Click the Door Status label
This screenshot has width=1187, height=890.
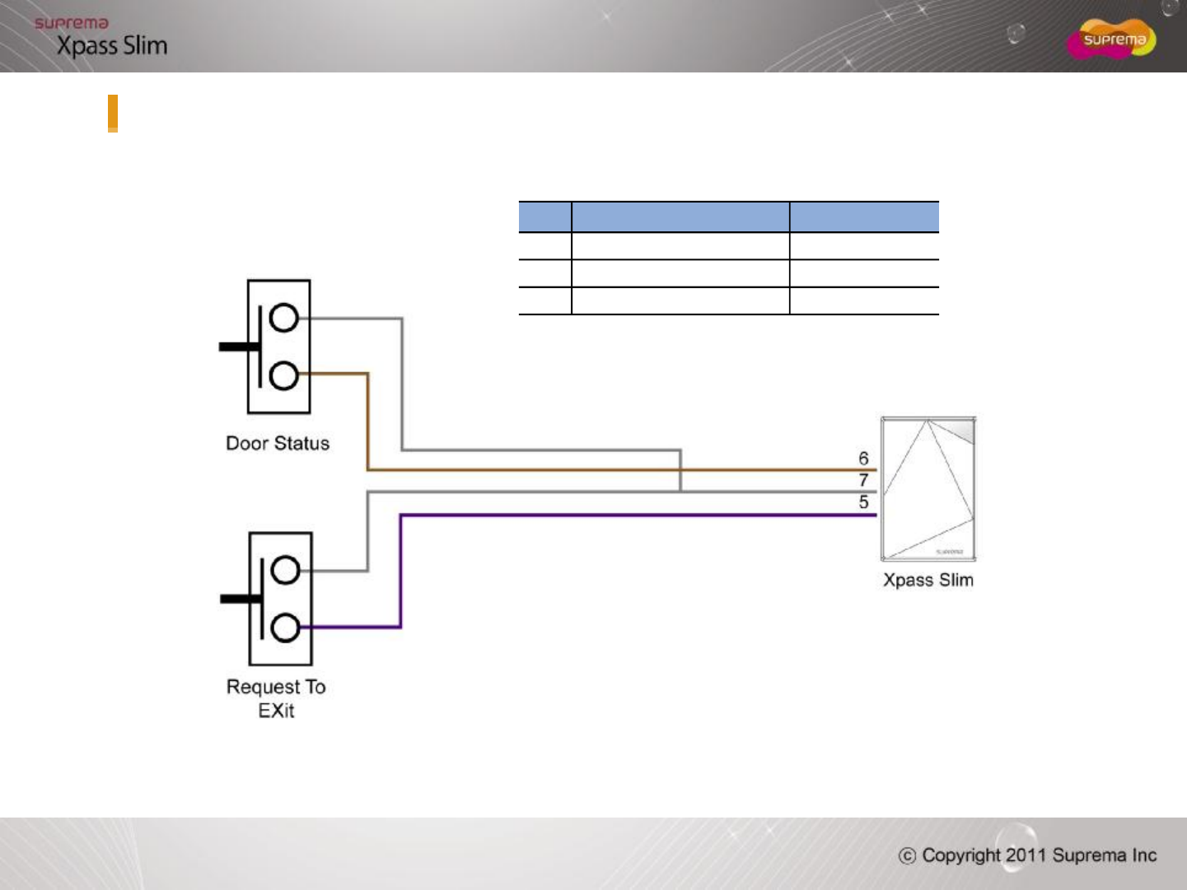click(278, 443)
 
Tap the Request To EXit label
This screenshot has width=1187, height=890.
click(276, 698)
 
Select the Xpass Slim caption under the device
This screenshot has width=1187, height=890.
click(928, 580)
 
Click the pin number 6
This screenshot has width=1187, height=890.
click(863, 458)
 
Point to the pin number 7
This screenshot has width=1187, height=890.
click(863, 479)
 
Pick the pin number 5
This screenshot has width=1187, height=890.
click(863, 501)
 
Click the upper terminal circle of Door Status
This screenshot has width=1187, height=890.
click(283, 318)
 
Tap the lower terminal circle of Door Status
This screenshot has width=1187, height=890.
click(283, 375)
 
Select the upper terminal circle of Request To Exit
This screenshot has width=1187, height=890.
click(285, 571)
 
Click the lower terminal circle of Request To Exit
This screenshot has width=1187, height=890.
click(285, 628)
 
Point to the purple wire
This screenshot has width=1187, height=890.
click(626, 515)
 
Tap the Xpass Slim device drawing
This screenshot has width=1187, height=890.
click(928, 489)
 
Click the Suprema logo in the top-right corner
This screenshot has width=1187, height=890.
click(1112, 40)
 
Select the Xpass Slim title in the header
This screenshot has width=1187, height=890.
click(112, 46)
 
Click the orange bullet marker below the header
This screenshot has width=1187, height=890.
click(113, 113)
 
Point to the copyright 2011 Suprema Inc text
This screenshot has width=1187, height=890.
click(1028, 855)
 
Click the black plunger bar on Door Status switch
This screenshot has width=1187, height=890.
click(239, 347)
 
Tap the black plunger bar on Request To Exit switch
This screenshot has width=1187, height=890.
click(241, 599)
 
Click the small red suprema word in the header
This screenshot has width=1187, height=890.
click(72, 23)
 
